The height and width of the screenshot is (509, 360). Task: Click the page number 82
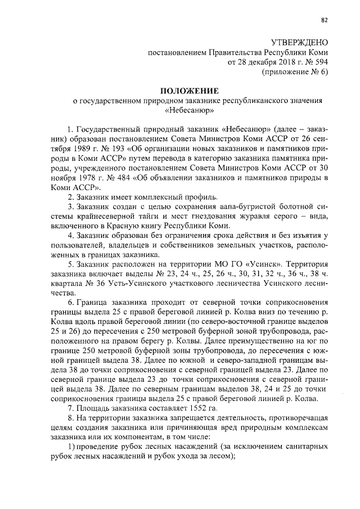(x=324, y=21)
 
